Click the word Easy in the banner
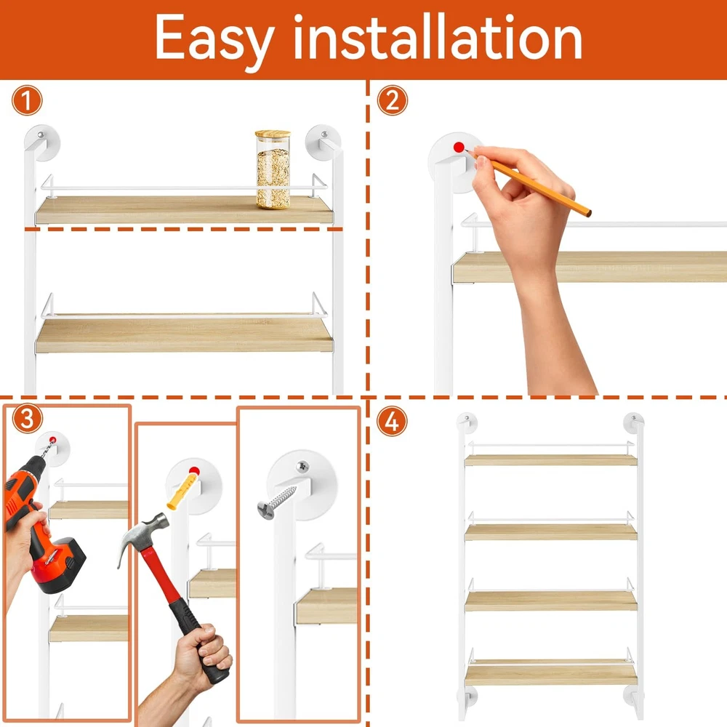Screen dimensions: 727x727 (x=214, y=39)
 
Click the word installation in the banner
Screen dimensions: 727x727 (x=438, y=36)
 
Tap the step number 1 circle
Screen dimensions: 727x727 (x=27, y=100)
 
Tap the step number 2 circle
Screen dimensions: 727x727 (x=393, y=100)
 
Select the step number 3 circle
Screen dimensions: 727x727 (x=28, y=419)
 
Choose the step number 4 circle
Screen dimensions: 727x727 (x=392, y=422)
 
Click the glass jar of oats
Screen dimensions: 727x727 (x=273, y=169)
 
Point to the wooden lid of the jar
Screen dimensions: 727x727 (x=273, y=134)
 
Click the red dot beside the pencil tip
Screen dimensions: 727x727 (x=459, y=148)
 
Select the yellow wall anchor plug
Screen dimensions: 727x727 (x=182, y=489)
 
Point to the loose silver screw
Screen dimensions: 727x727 (x=278, y=502)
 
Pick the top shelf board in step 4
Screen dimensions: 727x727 (x=551, y=460)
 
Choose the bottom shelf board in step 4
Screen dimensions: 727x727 (x=551, y=674)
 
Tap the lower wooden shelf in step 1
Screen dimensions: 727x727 (x=184, y=334)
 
